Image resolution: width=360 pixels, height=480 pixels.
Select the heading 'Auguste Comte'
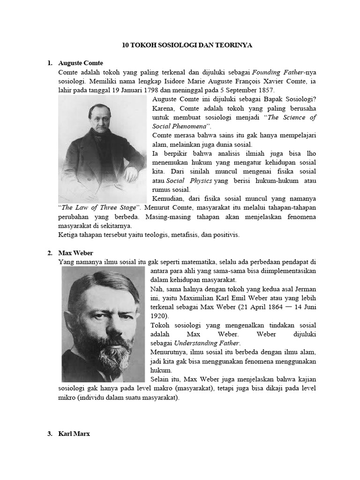(81, 63)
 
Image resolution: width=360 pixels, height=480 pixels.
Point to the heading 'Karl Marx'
(74, 434)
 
